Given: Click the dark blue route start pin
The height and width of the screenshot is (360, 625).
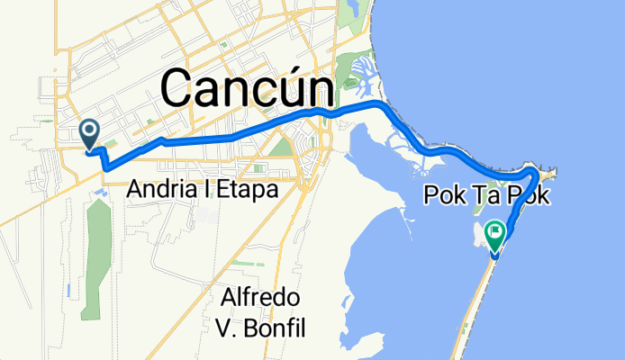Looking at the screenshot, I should (x=90, y=133).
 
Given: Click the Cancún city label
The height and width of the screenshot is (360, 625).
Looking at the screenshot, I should (x=246, y=89).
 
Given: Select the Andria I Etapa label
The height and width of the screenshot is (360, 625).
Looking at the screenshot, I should (x=202, y=190).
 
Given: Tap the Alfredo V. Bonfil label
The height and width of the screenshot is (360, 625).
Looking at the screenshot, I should (x=265, y=312).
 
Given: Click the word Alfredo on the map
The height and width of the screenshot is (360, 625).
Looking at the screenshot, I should (x=265, y=298).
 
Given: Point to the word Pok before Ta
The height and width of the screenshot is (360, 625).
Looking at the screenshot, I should (x=440, y=195).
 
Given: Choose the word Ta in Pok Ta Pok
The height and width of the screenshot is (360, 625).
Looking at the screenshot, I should (x=485, y=195).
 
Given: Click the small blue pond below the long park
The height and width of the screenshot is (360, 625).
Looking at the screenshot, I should (x=70, y=290).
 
